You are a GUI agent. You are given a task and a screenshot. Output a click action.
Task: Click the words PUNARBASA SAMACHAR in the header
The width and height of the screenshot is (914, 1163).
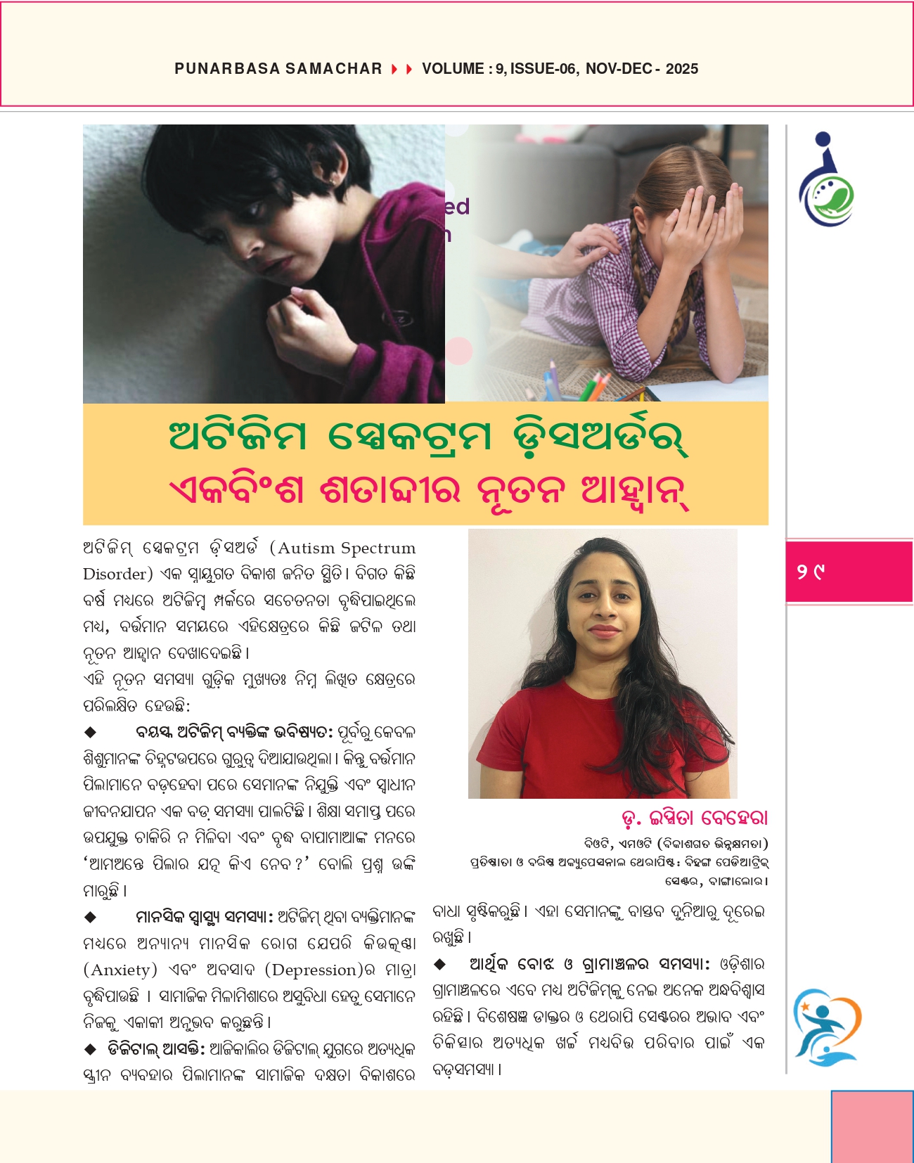278,69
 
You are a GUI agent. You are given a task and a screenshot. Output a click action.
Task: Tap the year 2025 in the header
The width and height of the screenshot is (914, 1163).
681,69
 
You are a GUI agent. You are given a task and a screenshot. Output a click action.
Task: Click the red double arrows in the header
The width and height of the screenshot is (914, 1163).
402,69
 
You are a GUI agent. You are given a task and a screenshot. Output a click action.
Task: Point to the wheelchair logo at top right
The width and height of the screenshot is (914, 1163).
825,180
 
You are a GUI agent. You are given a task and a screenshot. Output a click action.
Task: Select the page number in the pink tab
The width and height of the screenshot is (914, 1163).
810,572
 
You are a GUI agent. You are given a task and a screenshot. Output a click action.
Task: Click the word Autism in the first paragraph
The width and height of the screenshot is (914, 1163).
307,548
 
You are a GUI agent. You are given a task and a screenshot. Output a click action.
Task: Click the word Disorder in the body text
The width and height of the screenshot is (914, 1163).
113,574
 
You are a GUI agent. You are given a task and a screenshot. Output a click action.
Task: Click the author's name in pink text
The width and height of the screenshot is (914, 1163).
695,818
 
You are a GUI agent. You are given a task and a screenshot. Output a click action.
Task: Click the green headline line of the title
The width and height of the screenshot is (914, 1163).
428,437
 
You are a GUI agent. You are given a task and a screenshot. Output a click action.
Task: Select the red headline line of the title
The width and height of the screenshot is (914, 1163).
428,490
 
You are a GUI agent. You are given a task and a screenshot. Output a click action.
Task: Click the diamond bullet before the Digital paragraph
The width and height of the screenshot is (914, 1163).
90,1050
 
